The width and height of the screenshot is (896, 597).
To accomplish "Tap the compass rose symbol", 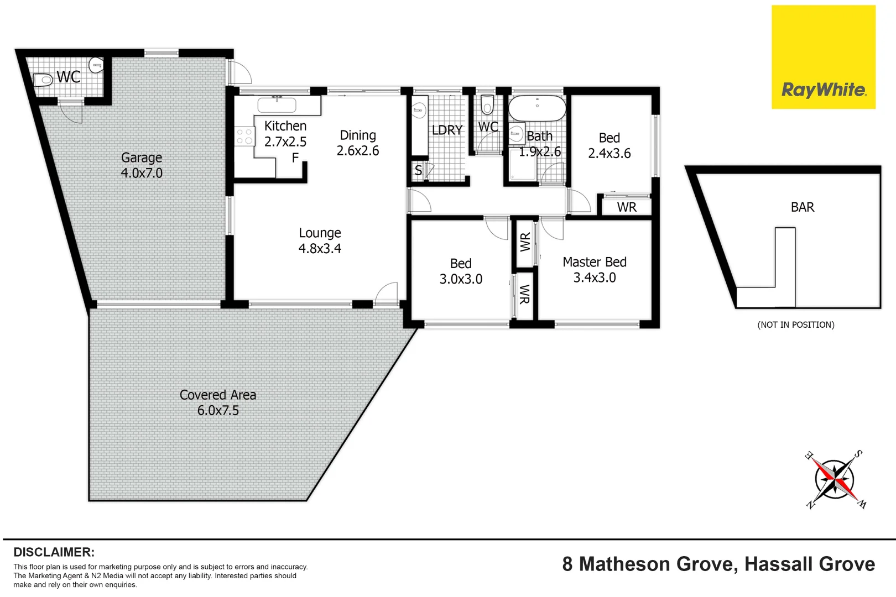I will point(835,479).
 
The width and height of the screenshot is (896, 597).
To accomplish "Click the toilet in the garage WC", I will point(43,80).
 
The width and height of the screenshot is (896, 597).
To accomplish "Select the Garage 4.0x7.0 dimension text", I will point(142,173).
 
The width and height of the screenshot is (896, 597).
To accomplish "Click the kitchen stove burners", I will point(244,137).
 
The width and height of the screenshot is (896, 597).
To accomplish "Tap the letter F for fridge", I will point(295,158).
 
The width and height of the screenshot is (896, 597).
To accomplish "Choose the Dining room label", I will point(358,135).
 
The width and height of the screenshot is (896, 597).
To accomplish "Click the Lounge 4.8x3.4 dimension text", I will point(320,249).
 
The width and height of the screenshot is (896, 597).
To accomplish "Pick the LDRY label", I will point(447,130).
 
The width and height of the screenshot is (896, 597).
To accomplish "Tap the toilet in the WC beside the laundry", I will point(487,104).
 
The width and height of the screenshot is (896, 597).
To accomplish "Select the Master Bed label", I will point(594,262).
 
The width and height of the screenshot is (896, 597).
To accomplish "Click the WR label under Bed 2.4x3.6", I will point(627,207).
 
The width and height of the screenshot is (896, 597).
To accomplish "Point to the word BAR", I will point(802,207).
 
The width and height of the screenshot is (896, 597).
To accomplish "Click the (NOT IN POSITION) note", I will point(795,325).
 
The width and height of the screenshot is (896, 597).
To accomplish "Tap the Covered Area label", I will point(218,395).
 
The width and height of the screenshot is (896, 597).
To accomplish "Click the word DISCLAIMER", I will point(54,552).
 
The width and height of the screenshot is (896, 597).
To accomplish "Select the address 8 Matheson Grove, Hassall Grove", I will point(718,564).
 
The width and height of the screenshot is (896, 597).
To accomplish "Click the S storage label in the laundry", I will point(418,171).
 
